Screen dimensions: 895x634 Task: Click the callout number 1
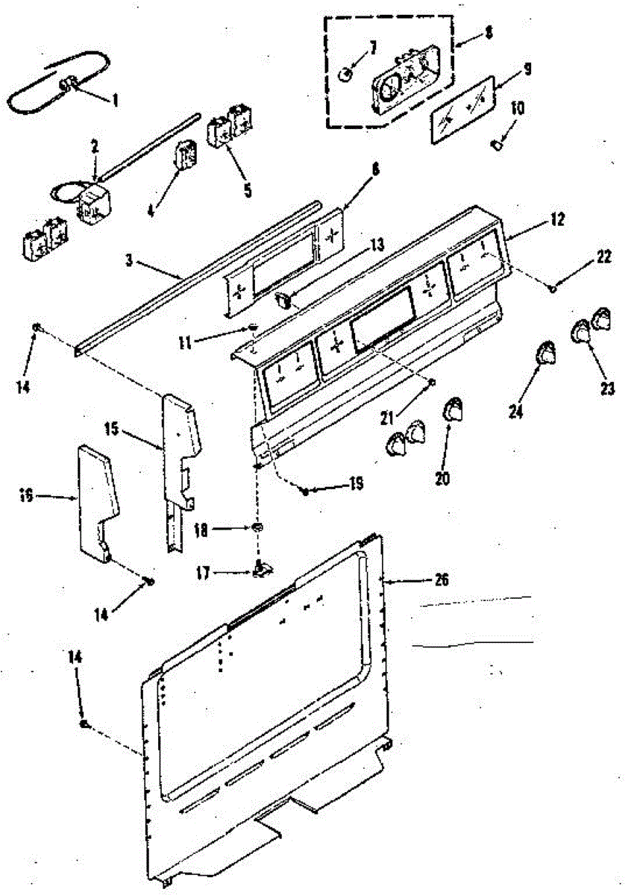[115, 98]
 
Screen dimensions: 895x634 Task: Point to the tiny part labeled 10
[495, 142]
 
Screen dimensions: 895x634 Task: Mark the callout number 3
[130, 260]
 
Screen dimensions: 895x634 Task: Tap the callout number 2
[95, 147]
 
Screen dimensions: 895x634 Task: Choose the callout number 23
[607, 387]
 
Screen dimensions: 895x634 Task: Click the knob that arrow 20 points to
[453, 409]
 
